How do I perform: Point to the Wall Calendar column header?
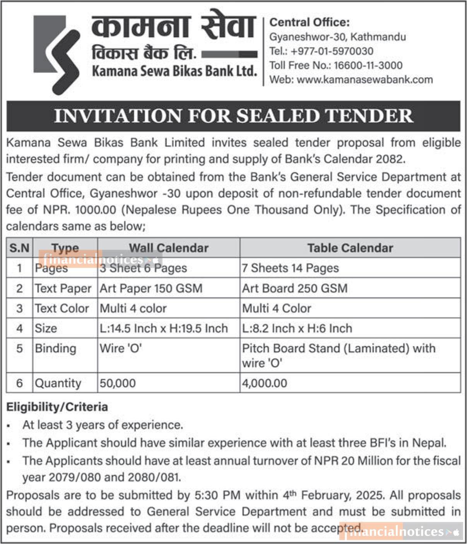pyautogui.click(x=169, y=248)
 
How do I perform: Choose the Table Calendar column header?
pyautogui.click(x=350, y=248)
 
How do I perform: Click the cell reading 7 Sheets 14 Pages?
pyautogui.click(x=290, y=268)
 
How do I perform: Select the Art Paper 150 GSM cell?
pyautogui.click(x=151, y=288)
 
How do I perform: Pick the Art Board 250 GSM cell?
pyautogui.click(x=295, y=288)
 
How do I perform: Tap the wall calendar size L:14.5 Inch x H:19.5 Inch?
pyautogui.click(x=164, y=328)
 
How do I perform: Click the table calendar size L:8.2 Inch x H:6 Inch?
pyautogui.click(x=297, y=328)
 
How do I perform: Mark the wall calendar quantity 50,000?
pyautogui.click(x=118, y=383)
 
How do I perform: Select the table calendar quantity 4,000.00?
pyautogui.click(x=265, y=383)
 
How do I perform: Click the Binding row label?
pyautogui.click(x=55, y=348)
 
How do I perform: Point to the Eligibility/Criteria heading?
pyautogui.click(x=57, y=407)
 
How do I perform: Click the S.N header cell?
pyautogui.click(x=19, y=248)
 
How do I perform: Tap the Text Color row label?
pyautogui.click(x=62, y=308)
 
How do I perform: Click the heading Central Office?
pyautogui.click(x=309, y=22)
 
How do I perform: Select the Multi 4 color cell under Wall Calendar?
pyautogui.click(x=133, y=308)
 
